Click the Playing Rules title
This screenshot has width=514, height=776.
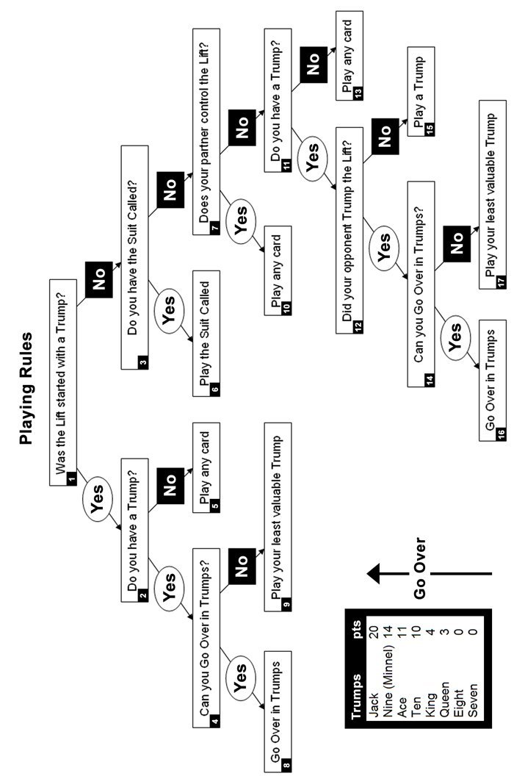click(26, 388)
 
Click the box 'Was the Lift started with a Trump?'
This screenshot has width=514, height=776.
click(63, 382)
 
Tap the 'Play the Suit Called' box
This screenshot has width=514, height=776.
click(206, 334)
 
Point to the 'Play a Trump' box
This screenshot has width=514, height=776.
click(421, 92)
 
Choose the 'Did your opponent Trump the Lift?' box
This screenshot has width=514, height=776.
click(350, 230)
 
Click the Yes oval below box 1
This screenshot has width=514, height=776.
click(97, 498)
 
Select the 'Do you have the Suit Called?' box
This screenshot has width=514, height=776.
click(134, 257)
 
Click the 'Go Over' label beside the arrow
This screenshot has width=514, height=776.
click(419, 567)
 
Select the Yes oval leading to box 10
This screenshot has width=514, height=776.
click(241, 219)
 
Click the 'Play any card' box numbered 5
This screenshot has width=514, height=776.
click(206, 467)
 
